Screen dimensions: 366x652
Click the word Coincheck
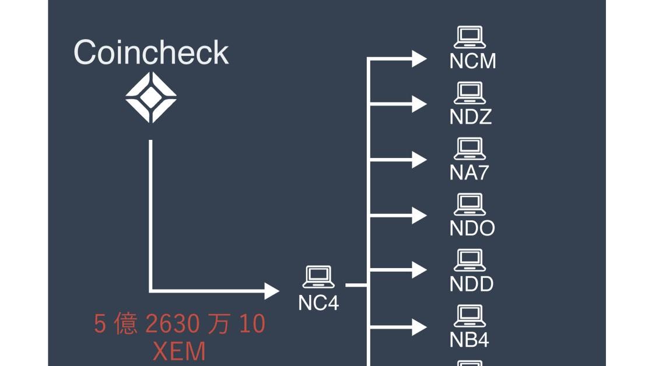[151, 52]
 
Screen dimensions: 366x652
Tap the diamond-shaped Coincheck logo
[151, 97]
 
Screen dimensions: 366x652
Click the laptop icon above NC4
[318, 277]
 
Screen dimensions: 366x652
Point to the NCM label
[472, 61]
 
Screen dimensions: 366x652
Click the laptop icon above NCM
[469, 37]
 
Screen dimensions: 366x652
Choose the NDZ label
[471, 117]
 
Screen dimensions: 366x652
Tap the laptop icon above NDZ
[469, 93]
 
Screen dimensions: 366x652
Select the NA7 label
[468, 173]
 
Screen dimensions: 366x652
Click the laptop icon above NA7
[469, 149]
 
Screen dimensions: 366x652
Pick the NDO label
[472, 228]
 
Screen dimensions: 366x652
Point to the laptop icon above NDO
[469, 205]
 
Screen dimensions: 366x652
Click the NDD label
[471, 284]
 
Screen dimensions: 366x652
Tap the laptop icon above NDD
[469, 260]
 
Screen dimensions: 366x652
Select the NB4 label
[469, 340]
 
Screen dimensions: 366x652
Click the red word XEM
[179, 352]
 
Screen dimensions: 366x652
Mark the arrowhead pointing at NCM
[419, 58]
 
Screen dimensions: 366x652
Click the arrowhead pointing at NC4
[272, 290]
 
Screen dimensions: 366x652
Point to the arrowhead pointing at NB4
[419, 328]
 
